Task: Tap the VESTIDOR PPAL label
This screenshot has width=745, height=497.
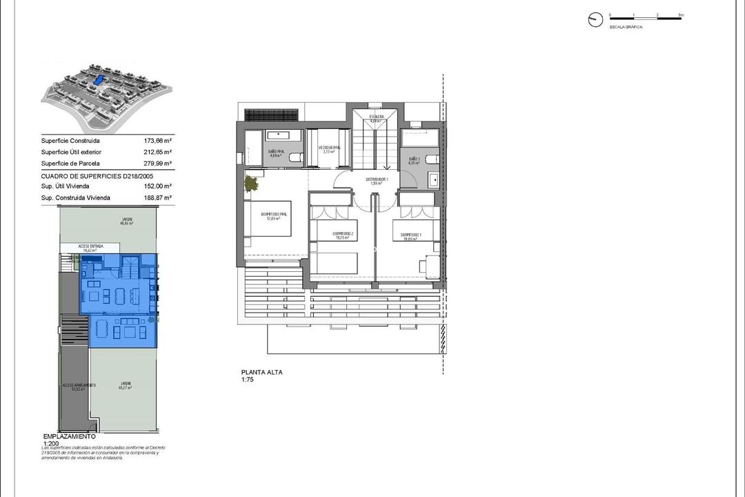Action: point(329,148)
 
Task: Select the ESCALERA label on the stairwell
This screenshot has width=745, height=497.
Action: point(376,117)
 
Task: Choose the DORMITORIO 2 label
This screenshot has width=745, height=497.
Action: point(343,234)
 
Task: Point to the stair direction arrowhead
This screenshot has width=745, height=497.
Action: point(386,166)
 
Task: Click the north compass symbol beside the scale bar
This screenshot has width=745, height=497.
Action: point(595,20)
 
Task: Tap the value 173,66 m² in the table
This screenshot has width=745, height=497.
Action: point(157,140)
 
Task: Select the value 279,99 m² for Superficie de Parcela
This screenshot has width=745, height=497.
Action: point(157,163)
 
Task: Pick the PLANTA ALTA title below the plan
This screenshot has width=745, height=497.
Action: point(261,372)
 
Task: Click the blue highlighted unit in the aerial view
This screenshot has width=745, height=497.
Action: point(99,81)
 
